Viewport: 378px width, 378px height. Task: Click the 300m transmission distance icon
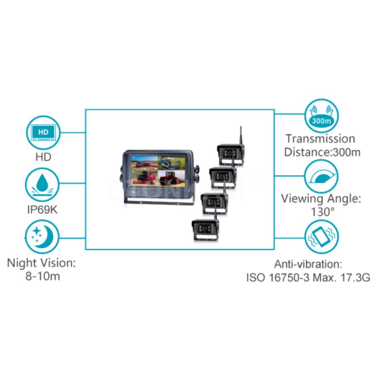click(321, 116)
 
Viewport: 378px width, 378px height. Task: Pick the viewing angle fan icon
click(321, 176)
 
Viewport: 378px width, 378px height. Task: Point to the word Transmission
click(320, 139)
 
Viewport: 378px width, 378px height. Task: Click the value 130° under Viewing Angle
click(321, 211)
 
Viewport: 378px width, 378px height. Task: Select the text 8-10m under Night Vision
click(41, 277)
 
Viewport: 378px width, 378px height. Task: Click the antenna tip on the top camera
click(241, 127)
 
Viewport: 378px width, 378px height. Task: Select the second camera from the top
click(222, 178)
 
